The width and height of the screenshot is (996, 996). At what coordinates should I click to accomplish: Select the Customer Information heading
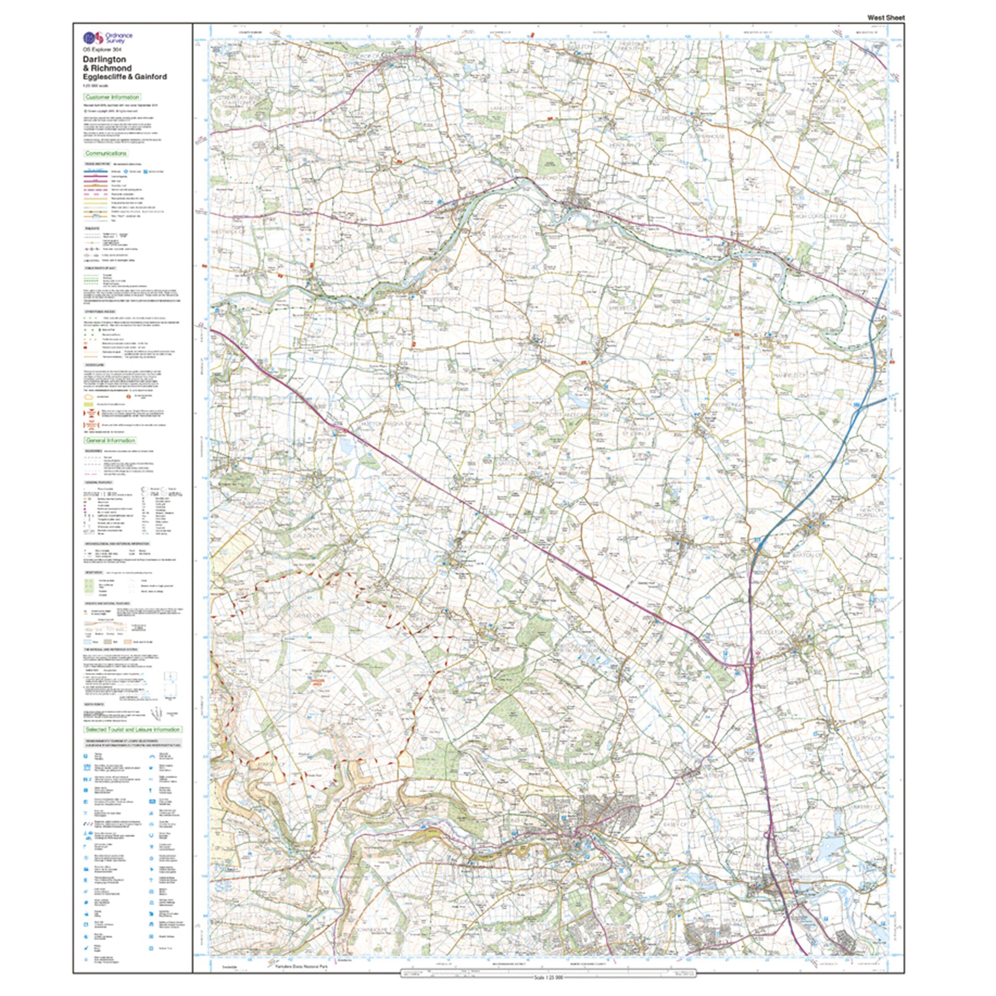[112, 97]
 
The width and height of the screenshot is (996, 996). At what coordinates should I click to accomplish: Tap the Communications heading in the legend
[106, 153]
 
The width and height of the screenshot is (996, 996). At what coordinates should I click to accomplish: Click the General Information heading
[110, 440]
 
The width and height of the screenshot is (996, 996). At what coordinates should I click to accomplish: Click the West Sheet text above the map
[885, 17]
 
